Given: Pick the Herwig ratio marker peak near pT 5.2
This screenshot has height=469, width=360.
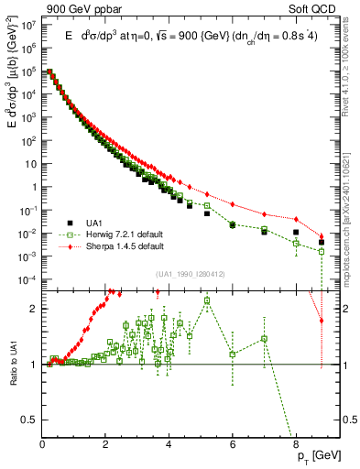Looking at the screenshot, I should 207,300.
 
